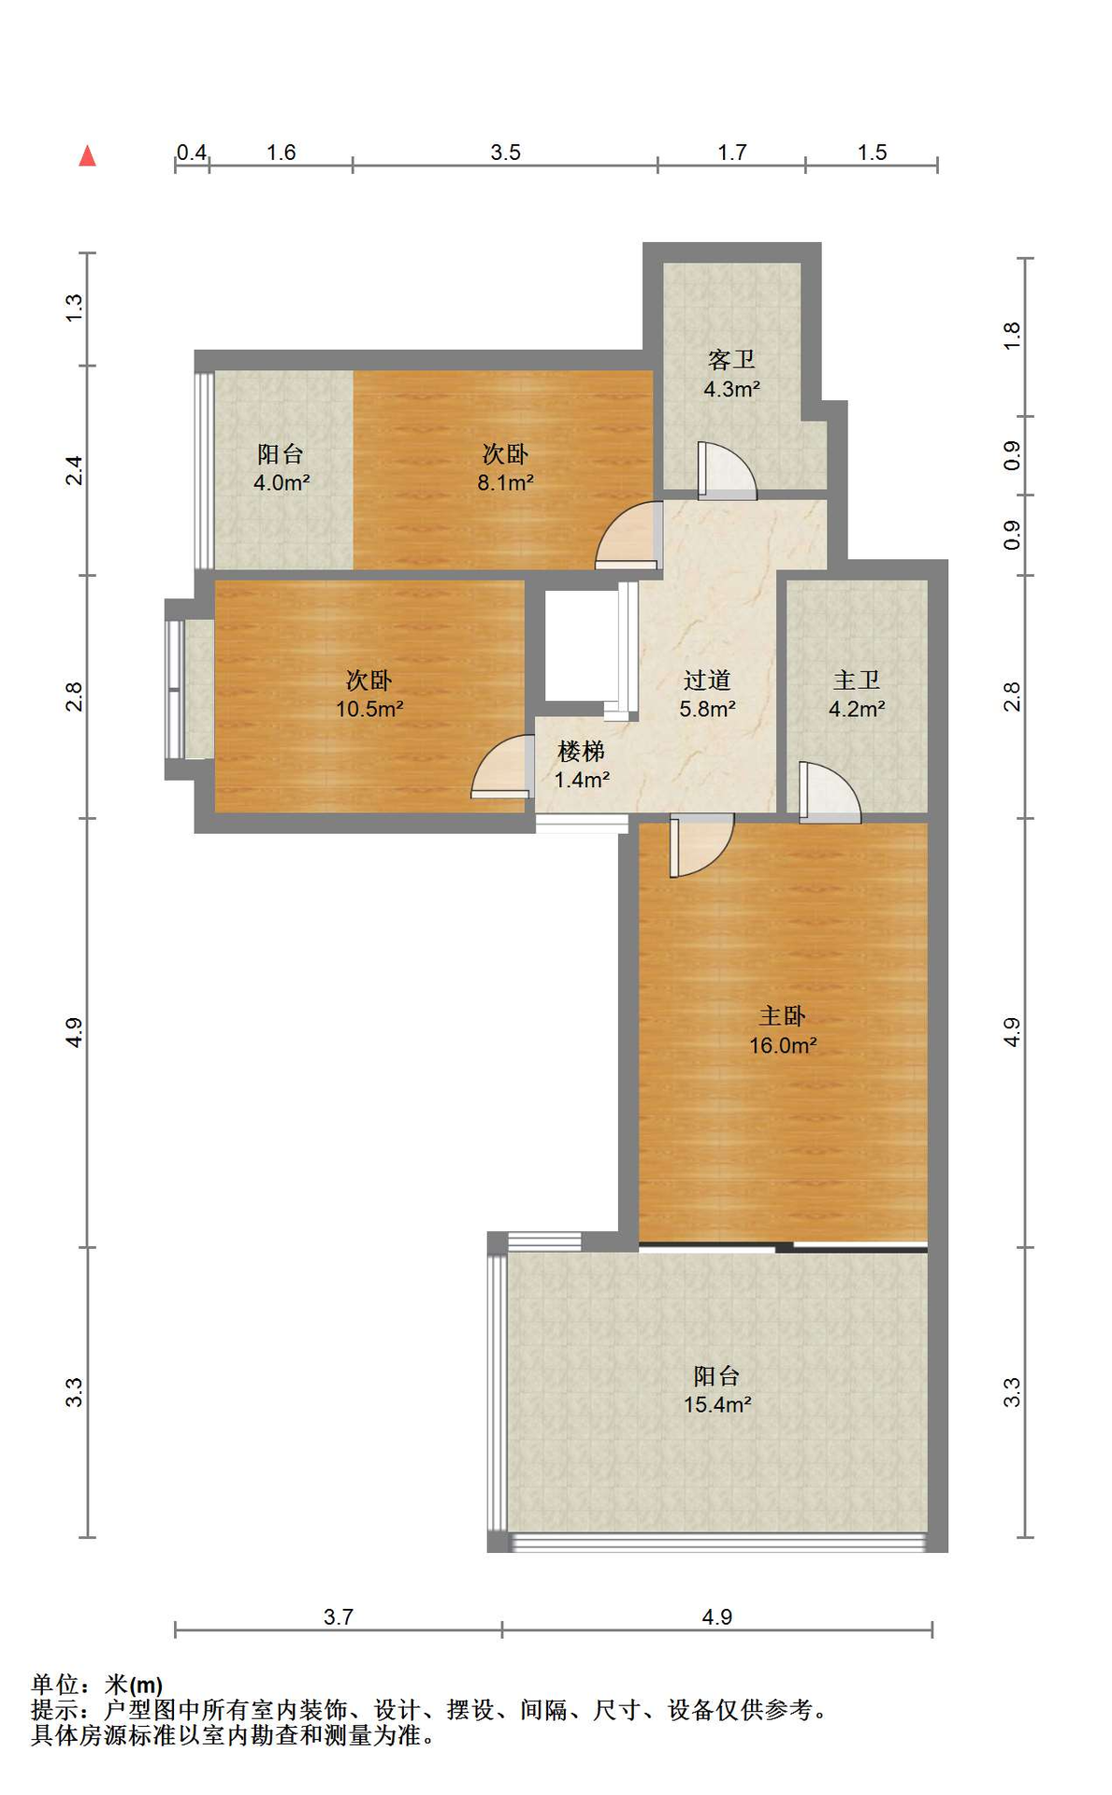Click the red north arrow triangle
(x=87, y=155)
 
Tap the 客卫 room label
(x=731, y=360)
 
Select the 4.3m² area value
(x=731, y=389)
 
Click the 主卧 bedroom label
(x=782, y=1015)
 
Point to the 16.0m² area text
(x=783, y=1045)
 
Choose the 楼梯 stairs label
(x=582, y=751)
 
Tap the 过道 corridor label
(x=707, y=680)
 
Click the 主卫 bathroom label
(x=857, y=680)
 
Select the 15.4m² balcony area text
(x=717, y=1404)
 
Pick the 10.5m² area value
(x=369, y=709)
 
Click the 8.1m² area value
(x=505, y=482)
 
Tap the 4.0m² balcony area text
(x=282, y=482)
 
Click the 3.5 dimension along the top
(x=505, y=152)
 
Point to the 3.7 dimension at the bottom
(x=339, y=1616)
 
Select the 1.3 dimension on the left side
(x=74, y=309)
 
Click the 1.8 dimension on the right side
(x=1011, y=336)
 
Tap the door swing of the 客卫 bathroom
(x=727, y=470)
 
